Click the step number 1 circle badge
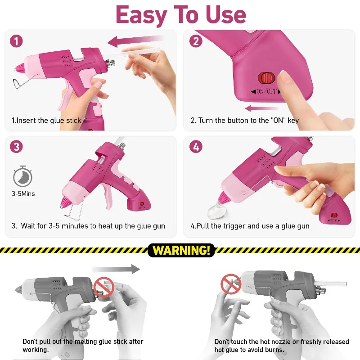pyautogui.click(x=16, y=41)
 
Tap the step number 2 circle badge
pyautogui.click(x=196, y=41)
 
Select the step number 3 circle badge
pyautogui.click(x=16, y=147)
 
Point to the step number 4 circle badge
pyautogui.click(x=196, y=147)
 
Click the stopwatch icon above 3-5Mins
pyautogui.click(x=22, y=176)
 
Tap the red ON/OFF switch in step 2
pyautogui.click(x=266, y=78)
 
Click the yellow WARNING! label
pyautogui.click(x=181, y=250)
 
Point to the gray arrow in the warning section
pyautogui.click(x=116, y=269)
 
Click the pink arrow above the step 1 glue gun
pyautogui.click(x=135, y=41)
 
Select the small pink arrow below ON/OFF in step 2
pyautogui.click(x=261, y=108)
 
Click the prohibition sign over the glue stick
pyautogui.click(x=104, y=287)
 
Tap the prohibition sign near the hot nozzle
pyautogui.click(x=231, y=284)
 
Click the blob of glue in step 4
pyautogui.click(x=217, y=211)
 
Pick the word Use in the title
pyautogui.click(x=226, y=14)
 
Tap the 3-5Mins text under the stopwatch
pyautogui.click(x=23, y=193)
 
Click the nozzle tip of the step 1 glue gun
pyautogui.click(x=17, y=68)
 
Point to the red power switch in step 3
pyautogui.click(x=142, y=204)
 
